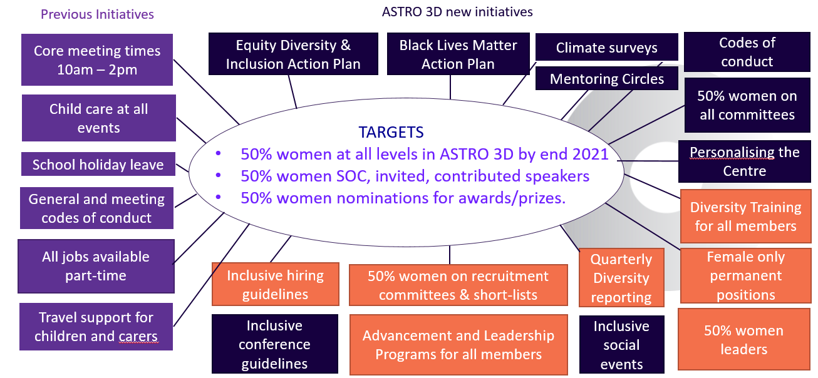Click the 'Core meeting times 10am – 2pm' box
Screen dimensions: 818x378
[97, 60]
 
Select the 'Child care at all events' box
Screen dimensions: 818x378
[99, 118]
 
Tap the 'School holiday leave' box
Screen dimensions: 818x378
[98, 164]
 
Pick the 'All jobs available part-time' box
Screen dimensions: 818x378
[96, 266]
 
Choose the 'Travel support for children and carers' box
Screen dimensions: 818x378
[96, 327]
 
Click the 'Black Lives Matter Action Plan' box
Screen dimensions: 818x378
[458, 54]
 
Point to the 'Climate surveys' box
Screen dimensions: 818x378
[607, 47]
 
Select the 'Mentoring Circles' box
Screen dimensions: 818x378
[607, 78]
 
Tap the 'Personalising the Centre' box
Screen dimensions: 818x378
[745, 161]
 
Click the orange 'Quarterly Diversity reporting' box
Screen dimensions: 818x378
[621, 278]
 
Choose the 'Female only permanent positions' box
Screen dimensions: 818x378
[746, 275]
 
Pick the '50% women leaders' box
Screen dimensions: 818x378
[744, 340]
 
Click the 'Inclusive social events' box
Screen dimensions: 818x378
[621, 345]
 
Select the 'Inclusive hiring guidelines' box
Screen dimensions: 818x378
[276, 284]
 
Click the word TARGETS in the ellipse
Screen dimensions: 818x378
[391, 132]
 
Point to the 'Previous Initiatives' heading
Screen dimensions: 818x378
[97, 14]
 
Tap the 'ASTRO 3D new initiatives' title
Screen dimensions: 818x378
[457, 12]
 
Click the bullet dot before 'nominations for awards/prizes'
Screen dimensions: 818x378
[219, 197]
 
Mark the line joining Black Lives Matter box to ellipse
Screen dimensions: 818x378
[450, 87]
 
